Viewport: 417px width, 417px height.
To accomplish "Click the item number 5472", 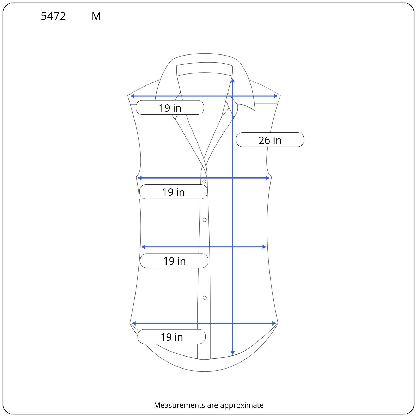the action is tap(53, 16).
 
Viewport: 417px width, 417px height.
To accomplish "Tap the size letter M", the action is tap(96, 16).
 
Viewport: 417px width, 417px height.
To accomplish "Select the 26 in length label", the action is tap(270, 140).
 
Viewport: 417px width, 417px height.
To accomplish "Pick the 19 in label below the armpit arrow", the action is tap(174, 192).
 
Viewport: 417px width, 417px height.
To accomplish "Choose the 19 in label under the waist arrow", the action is tap(174, 261).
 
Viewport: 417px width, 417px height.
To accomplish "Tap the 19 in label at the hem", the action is tap(172, 337).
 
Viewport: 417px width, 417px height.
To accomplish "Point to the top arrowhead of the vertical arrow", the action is tap(233, 80).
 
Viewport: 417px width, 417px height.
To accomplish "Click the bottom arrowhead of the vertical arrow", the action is tap(233, 353).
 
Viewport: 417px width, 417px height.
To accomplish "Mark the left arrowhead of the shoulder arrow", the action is tap(132, 96).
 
